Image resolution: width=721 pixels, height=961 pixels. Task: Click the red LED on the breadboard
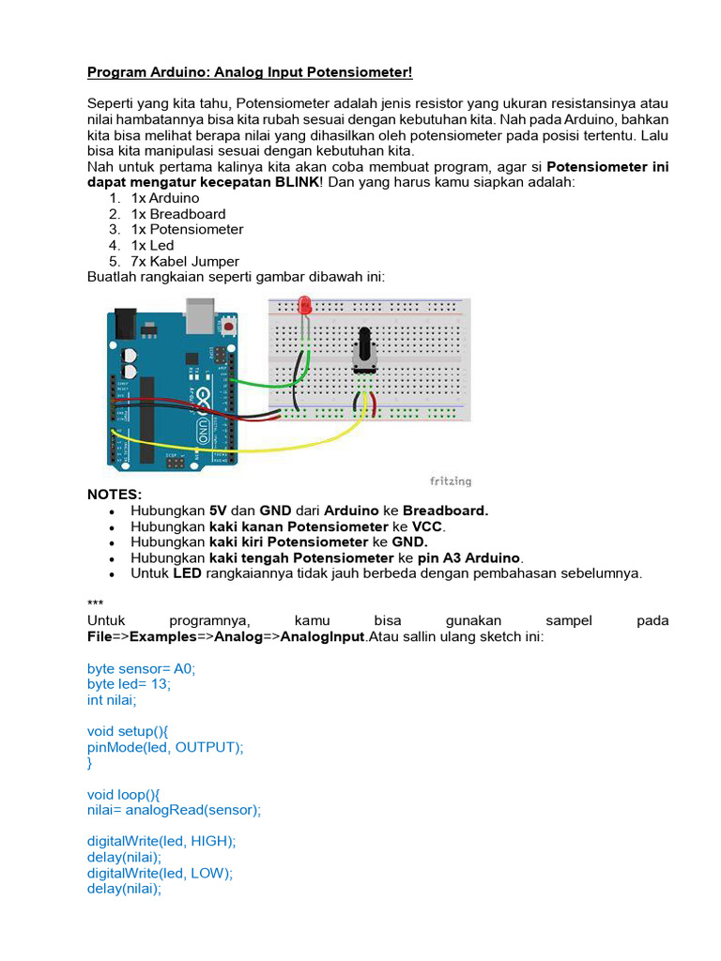[x=304, y=304]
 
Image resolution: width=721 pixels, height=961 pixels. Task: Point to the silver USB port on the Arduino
[x=201, y=317]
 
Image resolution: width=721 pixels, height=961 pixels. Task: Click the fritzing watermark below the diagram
[x=451, y=481]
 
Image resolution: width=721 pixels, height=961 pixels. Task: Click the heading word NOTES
[x=115, y=495]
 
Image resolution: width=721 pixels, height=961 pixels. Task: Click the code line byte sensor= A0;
[x=141, y=668]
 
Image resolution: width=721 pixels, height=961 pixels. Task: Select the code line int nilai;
[x=112, y=700]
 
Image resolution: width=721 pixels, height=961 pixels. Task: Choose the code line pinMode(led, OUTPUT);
[x=165, y=747]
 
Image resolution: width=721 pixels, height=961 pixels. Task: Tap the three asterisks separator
[x=96, y=605]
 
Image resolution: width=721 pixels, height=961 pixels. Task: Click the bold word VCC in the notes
[x=427, y=526]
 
